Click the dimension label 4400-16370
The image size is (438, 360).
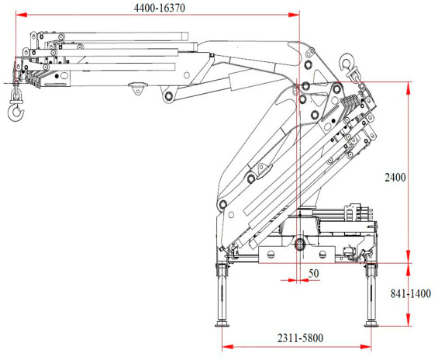160,8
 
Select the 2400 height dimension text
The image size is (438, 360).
395,177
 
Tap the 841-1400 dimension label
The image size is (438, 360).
411,294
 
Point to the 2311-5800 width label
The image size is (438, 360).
300,338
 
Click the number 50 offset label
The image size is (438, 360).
314,273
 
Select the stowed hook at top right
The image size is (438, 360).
348,65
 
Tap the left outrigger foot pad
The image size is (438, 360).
222,324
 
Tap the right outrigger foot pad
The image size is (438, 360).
371,324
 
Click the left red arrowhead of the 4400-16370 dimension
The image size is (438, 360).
21,15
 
